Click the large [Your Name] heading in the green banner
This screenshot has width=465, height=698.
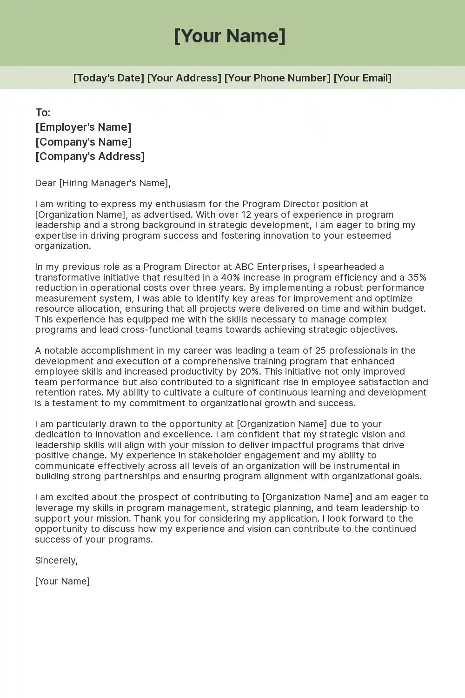[x=230, y=36]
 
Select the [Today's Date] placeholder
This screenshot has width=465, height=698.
[x=108, y=78]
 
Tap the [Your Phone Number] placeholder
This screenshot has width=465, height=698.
[x=277, y=78]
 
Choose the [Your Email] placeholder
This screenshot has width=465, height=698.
[x=362, y=78]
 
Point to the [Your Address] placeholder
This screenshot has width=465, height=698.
[x=184, y=78]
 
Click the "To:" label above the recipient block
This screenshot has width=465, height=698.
[x=43, y=113]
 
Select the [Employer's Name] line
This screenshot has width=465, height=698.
[x=83, y=127]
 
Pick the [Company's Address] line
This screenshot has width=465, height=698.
[x=90, y=156]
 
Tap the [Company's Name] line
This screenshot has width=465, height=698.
[x=83, y=142]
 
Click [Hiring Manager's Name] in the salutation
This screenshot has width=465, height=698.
[x=113, y=183]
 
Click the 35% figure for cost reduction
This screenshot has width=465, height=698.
[x=417, y=277]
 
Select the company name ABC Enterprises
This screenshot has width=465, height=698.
[x=272, y=267]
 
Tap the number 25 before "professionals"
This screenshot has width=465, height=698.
[x=320, y=350]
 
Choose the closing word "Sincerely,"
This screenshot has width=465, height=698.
[x=56, y=560]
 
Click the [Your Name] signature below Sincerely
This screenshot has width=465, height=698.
[x=62, y=581]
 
